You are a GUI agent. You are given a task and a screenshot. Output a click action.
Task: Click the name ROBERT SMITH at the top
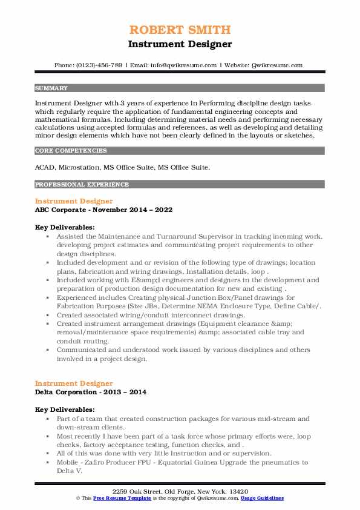(x=180, y=30)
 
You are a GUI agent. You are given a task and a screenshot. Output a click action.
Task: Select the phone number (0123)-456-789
(x=101, y=65)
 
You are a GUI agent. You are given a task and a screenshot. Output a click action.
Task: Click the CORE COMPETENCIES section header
(x=71, y=150)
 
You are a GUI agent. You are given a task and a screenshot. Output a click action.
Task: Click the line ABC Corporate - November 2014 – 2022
(x=103, y=210)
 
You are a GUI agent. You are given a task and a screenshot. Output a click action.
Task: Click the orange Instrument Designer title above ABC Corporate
(x=74, y=200)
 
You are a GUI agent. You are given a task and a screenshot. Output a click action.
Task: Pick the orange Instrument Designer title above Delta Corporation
(x=74, y=383)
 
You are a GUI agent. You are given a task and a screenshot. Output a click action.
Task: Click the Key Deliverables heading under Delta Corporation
(x=65, y=410)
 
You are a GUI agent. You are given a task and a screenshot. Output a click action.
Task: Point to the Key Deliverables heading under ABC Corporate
(x=65, y=227)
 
